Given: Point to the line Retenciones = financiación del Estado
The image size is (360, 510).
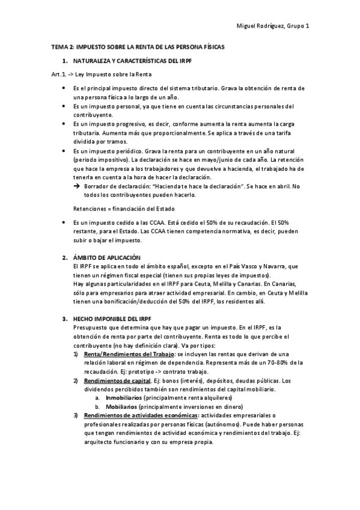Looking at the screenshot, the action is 123,209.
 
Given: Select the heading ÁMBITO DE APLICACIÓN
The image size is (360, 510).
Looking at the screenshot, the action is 106,257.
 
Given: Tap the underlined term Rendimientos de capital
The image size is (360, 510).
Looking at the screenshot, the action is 118,380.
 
